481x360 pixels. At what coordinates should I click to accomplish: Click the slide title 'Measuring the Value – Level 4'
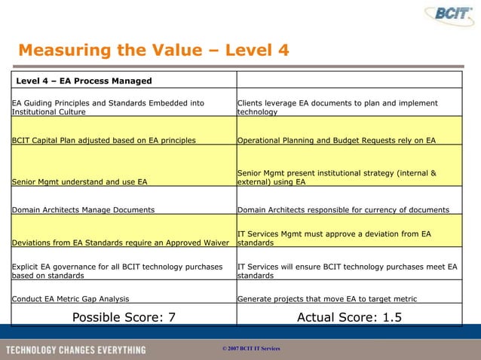(153, 50)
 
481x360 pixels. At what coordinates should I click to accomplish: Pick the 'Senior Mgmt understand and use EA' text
(80, 182)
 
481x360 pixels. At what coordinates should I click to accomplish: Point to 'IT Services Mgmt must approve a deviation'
(334, 239)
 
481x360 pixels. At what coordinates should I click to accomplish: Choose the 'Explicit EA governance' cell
(118, 271)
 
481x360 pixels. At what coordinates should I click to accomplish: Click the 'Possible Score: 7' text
(124, 317)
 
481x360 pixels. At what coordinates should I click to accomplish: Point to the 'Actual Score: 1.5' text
(349, 317)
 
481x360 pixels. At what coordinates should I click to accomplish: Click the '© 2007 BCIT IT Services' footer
(247, 351)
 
